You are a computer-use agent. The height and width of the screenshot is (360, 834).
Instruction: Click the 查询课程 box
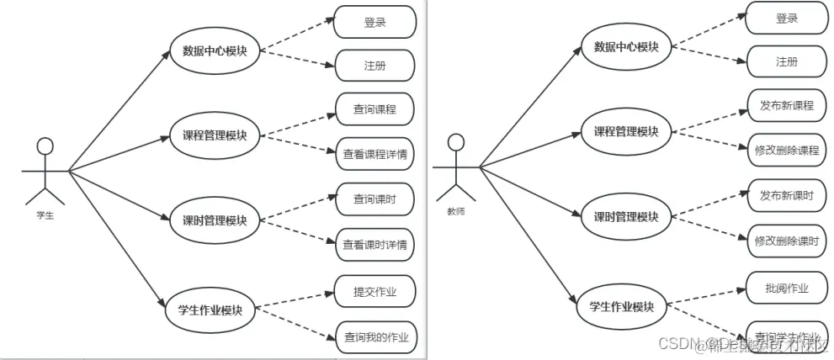(375, 109)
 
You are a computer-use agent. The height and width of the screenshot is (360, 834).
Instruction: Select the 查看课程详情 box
(375, 154)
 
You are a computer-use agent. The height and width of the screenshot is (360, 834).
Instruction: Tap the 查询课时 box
(375, 199)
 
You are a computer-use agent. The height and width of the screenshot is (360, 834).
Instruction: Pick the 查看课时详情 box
(375, 245)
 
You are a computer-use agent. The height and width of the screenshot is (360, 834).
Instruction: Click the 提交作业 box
(375, 292)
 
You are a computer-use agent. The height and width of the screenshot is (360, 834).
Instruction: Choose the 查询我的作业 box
(375, 337)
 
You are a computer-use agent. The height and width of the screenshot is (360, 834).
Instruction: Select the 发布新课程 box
(787, 105)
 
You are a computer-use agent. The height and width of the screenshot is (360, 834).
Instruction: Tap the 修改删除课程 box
(787, 150)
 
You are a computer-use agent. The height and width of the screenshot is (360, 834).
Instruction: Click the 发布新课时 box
(787, 195)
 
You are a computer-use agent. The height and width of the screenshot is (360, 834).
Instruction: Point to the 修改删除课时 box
(787, 241)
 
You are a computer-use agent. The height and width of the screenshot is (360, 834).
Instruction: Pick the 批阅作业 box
(787, 288)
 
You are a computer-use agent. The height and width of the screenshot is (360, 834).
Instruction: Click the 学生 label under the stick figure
(45, 215)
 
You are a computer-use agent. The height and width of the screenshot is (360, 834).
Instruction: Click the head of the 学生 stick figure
(45, 146)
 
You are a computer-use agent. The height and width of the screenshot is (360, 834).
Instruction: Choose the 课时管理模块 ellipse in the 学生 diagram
(215, 221)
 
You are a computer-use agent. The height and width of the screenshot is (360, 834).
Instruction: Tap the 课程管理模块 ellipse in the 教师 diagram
(626, 131)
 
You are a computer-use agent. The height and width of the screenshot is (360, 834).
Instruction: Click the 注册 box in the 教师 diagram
(787, 61)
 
